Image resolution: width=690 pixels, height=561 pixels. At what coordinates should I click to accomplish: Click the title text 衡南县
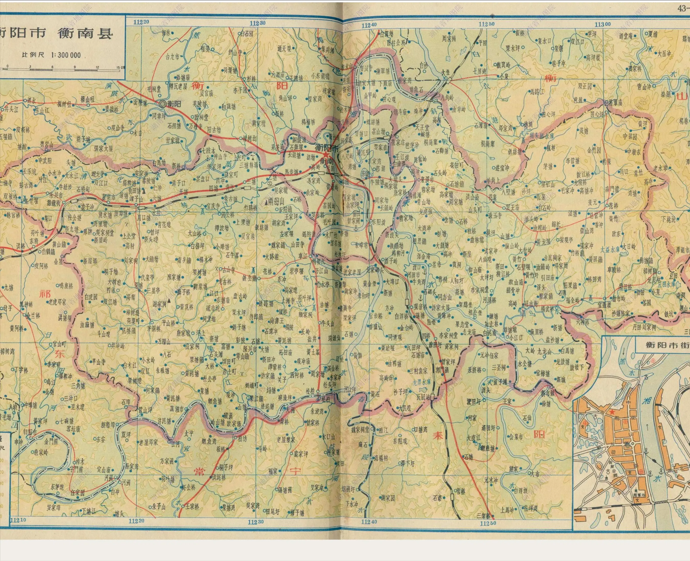click(86, 33)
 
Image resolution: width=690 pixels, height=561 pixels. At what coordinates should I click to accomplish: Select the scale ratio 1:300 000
click(66, 55)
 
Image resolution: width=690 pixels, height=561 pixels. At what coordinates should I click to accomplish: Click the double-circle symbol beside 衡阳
click(162, 104)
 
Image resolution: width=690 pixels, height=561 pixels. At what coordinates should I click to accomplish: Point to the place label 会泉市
click(516, 437)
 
